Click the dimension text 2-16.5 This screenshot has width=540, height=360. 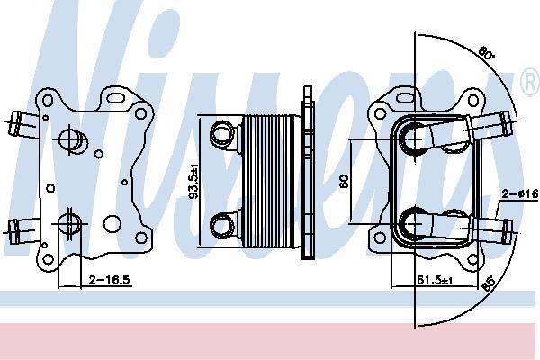[x=111, y=281]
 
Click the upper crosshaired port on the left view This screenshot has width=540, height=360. [x=71, y=139]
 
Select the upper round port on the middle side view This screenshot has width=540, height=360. [x=220, y=135]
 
